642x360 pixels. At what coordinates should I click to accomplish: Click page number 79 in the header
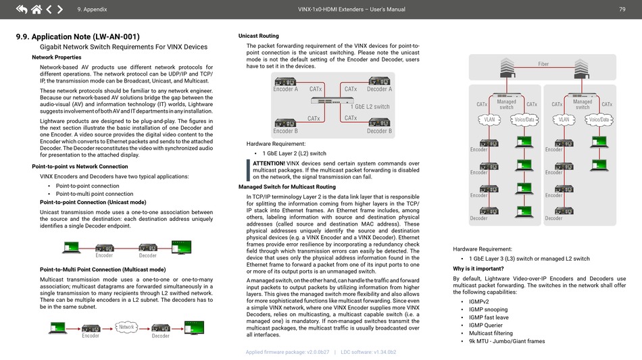pyautogui.click(x=622, y=9)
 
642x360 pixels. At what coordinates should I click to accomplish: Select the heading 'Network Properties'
pyautogui.click(x=57, y=57)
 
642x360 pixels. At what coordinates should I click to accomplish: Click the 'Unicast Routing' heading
pyautogui.click(x=259, y=36)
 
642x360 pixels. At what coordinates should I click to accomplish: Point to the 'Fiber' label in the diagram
pyautogui.click(x=543, y=64)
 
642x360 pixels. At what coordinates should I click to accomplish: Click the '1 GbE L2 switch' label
pyautogui.click(x=370, y=107)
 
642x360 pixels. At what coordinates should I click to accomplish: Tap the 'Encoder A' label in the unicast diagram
pyautogui.click(x=285, y=89)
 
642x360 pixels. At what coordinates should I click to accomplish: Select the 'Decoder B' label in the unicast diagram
pyautogui.click(x=379, y=131)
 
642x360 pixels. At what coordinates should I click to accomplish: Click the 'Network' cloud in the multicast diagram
pyautogui.click(x=126, y=327)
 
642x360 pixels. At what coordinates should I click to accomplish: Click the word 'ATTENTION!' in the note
pyautogui.click(x=268, y=163)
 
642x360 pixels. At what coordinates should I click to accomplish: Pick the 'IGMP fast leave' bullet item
pyautogui.click(x=489, y=317)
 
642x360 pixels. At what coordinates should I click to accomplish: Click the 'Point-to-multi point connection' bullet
pyautogui.click(x=95, y=194)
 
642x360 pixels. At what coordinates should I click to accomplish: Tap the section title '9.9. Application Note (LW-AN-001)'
pyautogui.click(x=78, y=36)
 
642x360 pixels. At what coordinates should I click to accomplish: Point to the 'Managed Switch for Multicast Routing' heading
pyautogui.click(x=287, y=187)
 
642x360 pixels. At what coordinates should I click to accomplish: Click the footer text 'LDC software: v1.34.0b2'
pyautogui.click(x=368, y=352)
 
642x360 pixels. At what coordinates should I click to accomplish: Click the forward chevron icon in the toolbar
pyautogui.click(x=60, y=9)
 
